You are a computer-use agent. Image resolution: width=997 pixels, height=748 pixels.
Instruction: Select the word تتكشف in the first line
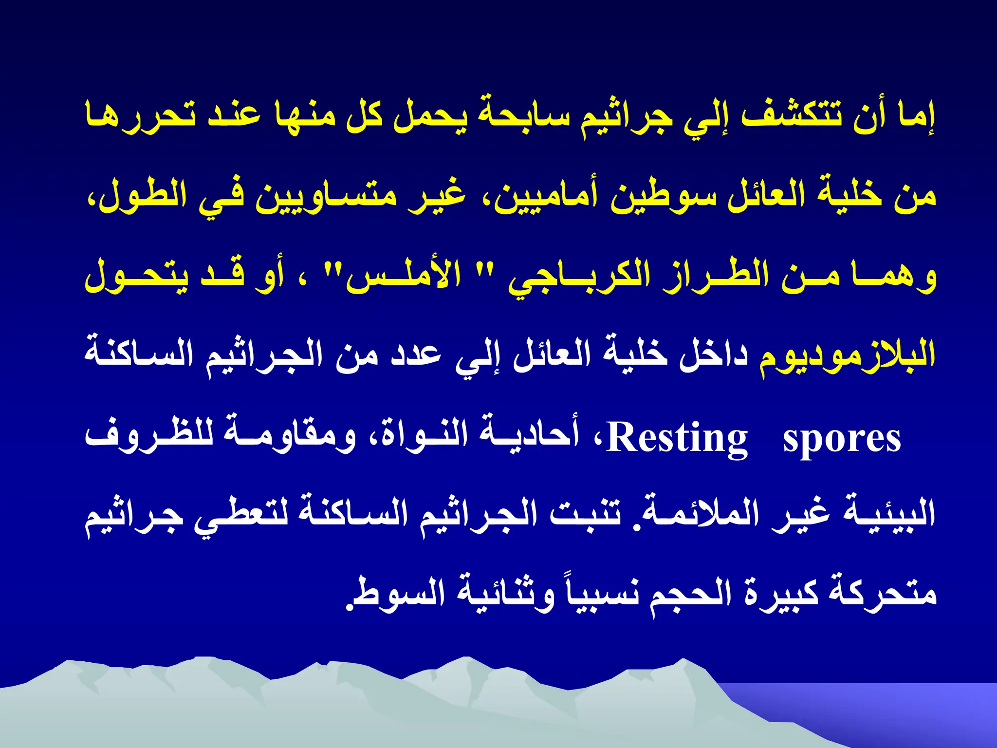791,118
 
